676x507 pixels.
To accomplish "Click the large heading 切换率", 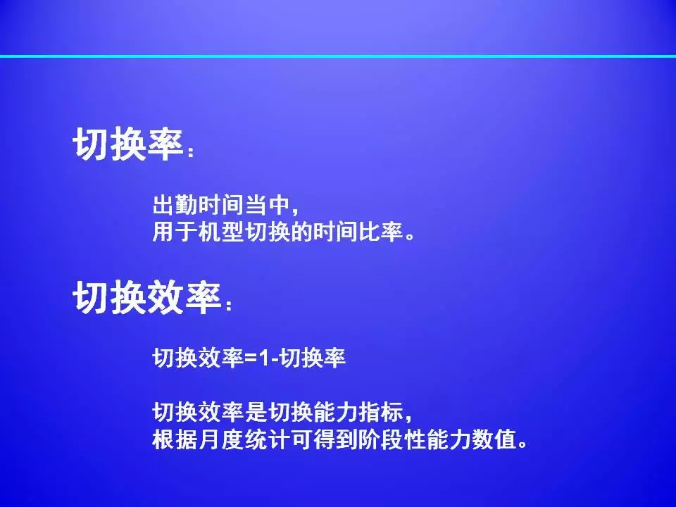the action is (x=129, y=144).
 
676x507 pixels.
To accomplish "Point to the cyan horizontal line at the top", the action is (x=338, y=56).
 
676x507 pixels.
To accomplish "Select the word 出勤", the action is (x=175, y=205).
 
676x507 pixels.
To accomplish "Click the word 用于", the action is (x=175, y=232).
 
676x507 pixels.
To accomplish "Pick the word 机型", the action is (x=220, y=232).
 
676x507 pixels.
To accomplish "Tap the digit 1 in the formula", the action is (x=264, y=358).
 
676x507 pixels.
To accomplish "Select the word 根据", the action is (x=175, y=439).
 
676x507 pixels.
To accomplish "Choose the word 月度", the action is (x=220, y=439).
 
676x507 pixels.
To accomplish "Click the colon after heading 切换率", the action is (x=191, y=152).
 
